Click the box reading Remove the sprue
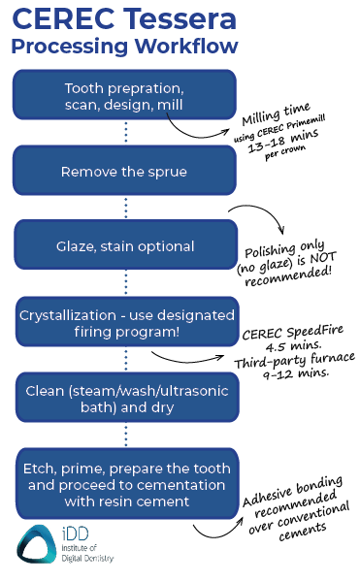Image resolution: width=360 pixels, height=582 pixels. point(124,172)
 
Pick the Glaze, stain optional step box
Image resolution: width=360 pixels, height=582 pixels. point(125,246)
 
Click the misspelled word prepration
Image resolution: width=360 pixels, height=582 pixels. point(145,87)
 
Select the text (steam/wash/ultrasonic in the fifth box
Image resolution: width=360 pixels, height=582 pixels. point(141,390)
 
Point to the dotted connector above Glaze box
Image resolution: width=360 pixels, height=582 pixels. point(125,209)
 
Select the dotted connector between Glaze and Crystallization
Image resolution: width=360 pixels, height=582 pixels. point(125,283)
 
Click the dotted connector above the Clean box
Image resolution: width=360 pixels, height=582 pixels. point(125,359)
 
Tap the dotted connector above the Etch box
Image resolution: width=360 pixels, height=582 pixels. point(125,435)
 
